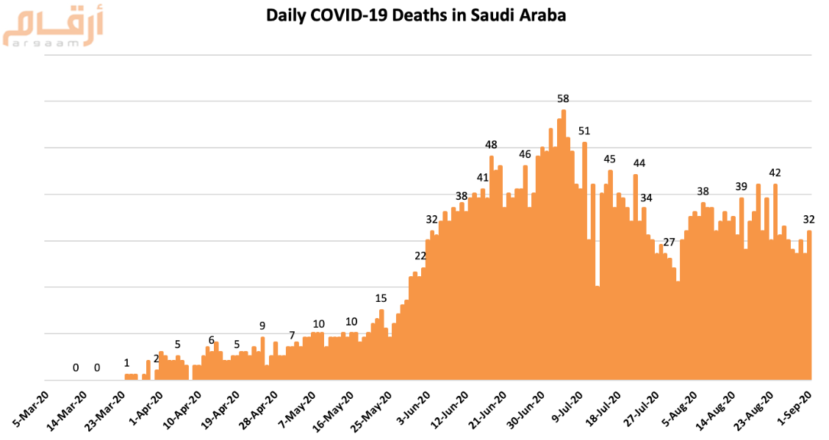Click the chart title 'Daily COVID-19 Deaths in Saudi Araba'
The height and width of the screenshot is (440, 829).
[416, 15]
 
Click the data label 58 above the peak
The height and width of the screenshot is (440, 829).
[564, 98]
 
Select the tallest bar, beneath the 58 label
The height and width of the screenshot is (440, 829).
[564, 242]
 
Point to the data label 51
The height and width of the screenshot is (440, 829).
[584, 131]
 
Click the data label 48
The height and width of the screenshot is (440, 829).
[492, 145]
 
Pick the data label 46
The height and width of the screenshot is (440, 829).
[525, 154]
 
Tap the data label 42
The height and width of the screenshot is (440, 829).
[775, 173]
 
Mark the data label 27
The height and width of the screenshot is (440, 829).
[669, 242]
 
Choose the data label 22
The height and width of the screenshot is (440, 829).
[420, 256]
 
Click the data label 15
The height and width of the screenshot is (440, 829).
[381, 298]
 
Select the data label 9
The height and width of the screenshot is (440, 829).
[262, 325]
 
